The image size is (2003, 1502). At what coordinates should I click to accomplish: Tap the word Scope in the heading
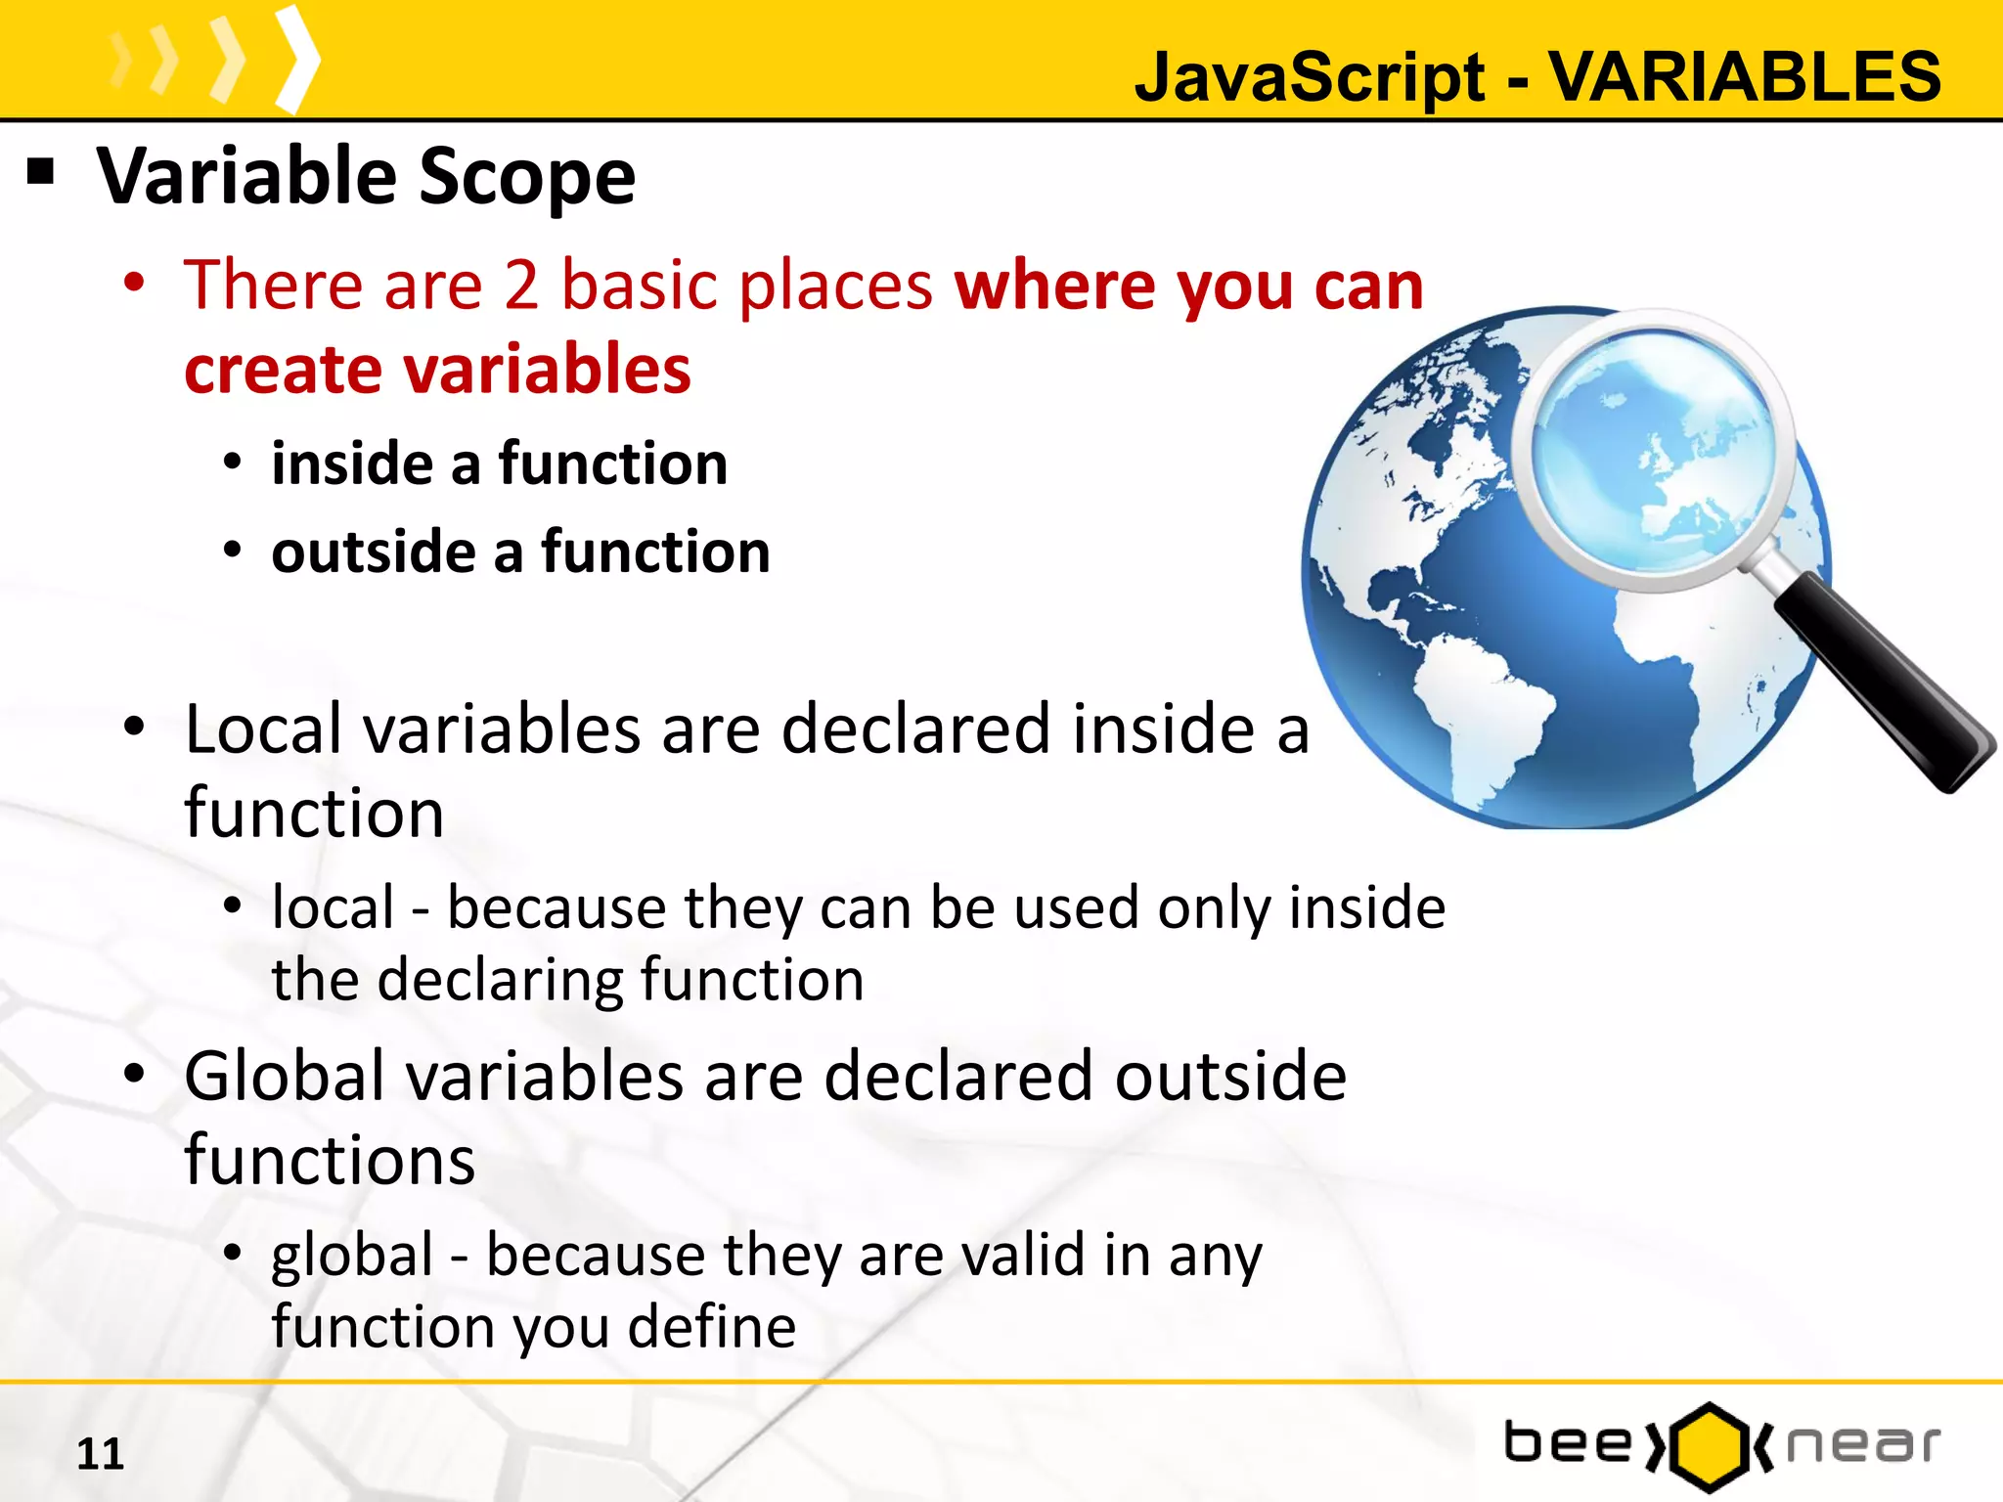click(x=527, y=177)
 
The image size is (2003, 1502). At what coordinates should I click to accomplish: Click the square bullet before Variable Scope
click(x=40, y=172)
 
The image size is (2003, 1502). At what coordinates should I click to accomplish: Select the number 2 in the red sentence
click(x=521, y=286)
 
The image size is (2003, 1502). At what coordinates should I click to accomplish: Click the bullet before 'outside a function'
click(x=232, y=550)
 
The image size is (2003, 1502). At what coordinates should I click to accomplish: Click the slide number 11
click(x=100, y=1454)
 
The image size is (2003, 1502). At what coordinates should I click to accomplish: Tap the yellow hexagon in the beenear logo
click(x=1708, y=1446)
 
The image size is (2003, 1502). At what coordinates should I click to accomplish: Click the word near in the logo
click(x=1863, y=1445)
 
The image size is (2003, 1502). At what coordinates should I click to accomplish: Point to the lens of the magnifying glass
click(x=1653, y=450)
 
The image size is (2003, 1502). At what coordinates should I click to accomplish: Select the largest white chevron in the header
click(x=297, y=59)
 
